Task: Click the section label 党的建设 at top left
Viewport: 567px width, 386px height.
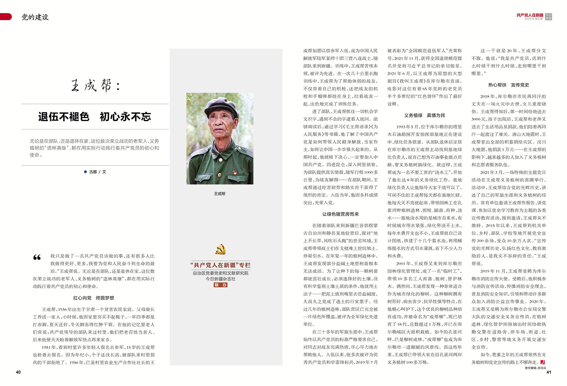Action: pos(35,17)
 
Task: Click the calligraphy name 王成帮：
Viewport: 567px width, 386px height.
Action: pos(95,86)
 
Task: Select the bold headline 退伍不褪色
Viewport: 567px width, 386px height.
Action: pos(63,117)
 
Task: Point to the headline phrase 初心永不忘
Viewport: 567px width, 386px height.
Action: pos(126,117)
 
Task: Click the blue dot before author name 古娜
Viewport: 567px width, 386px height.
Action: pos(85,172)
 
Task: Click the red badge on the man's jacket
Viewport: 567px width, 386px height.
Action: pos(235,172)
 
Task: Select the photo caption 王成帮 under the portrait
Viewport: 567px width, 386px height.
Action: pos(220,194)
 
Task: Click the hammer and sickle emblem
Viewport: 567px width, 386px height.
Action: pos(220,250)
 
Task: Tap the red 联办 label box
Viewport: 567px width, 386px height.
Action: pos(221,285)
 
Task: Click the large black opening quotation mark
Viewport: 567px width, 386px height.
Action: pos(37,258)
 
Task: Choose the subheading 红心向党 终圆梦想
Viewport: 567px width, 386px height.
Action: pos(94,298)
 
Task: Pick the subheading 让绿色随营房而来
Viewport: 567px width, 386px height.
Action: pos(340,214)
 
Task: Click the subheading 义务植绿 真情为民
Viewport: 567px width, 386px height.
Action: pos(424,115)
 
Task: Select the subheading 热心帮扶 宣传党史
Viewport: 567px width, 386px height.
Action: pos(509,85)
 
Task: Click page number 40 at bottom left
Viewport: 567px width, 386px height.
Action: pos(18,372)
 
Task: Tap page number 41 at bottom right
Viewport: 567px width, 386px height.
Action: pos(549,372)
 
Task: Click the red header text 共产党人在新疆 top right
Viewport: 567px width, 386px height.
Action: pos(530,15)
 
